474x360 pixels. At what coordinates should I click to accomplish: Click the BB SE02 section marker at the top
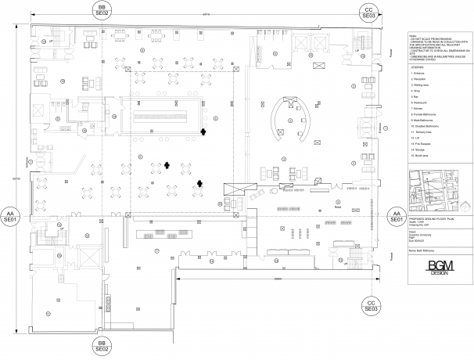(x=102, y=10)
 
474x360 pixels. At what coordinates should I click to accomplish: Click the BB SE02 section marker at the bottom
(x=102, y=346)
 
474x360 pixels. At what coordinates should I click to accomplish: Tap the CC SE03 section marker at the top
(x=370, y=10)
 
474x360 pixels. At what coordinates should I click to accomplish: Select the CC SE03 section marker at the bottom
(x=370, y=306)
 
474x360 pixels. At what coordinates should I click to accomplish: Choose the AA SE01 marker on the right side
(x=396, y=216)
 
